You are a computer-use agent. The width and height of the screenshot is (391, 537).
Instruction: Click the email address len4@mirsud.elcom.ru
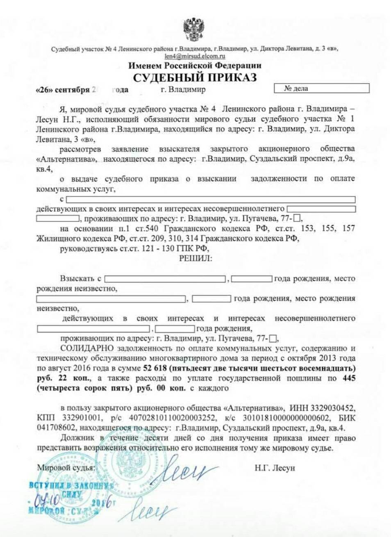tap(195, 56)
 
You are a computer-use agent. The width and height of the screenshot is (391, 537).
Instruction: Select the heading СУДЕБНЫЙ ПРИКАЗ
tap(195, 77)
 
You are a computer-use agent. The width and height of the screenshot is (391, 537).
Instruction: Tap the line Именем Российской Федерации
tap(195, 66)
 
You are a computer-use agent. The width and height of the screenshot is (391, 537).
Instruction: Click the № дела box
tap(321, 88)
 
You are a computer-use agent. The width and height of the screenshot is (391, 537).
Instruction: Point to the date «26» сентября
tap(62, 90)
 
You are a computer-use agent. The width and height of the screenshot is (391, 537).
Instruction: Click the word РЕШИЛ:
tap(195, 258)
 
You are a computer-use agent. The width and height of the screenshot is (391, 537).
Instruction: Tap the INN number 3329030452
tap(333, 408)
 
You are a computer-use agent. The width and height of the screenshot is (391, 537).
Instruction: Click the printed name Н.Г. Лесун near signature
tap(274, 468)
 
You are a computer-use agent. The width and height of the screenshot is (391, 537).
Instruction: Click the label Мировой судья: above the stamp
tap(66, 468)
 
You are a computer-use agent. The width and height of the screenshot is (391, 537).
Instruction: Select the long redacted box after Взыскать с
tap(165, 279)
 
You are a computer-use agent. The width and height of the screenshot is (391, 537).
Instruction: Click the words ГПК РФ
tap(193, 248)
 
